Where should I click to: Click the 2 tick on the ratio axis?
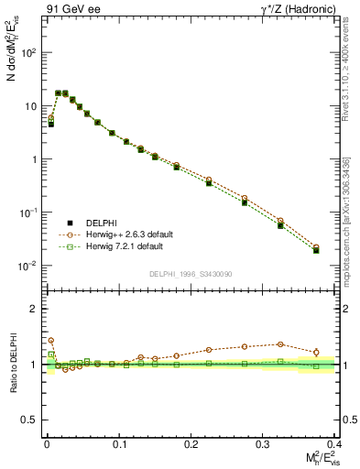pos(35,309)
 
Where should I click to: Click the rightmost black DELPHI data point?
pos(316,250)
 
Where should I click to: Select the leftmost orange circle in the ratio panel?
pos(51,341)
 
